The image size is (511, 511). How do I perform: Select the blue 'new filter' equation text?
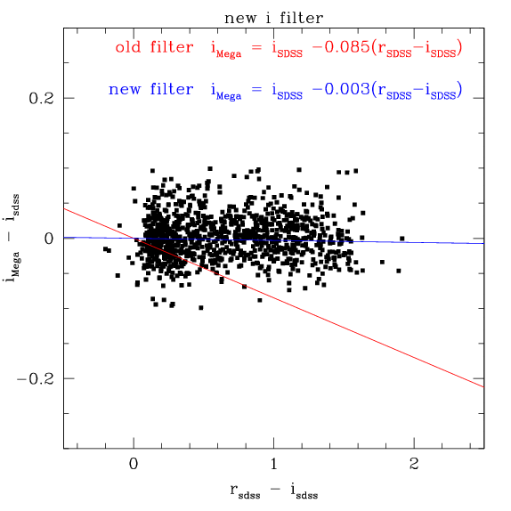pyautogui.click(x=285, y=89)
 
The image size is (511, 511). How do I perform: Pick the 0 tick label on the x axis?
pyautogui.click(x=134, y=464)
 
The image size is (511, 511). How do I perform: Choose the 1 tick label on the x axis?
pyautogui.click(x=274, y=464)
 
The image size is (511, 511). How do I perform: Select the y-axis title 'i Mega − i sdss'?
pyautogui.click(x=13, y=239)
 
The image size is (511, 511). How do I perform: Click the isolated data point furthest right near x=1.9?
pyautogui.click(x=402, y=239)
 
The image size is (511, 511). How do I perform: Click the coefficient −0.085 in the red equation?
pyautogui.click(x=338, y=46)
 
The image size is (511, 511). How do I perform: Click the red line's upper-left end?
pyautogui.click(x=64, y=208)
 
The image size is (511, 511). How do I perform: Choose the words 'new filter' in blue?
pyautogui.click(x=144, y=89)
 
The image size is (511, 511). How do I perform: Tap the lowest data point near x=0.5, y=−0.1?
pyautogui.click(x=201, y=308)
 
